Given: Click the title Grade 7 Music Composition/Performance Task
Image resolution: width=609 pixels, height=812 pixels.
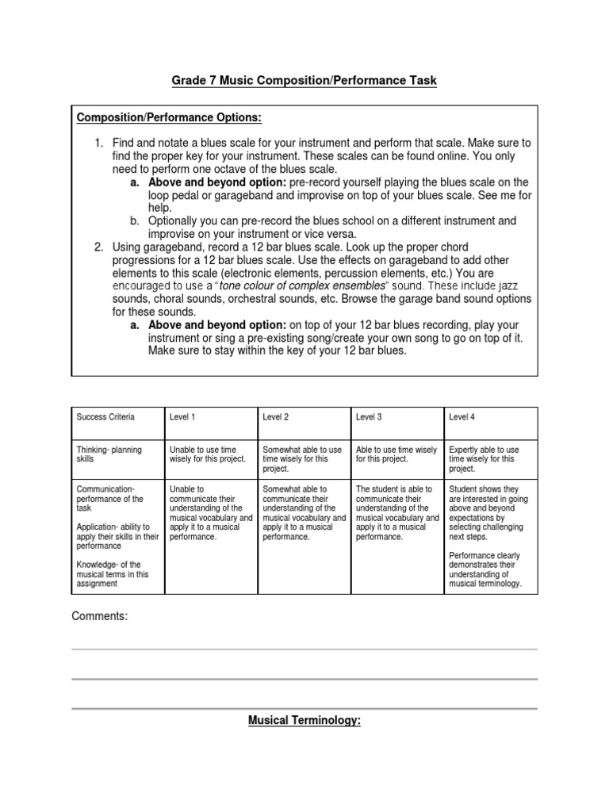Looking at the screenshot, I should [304, 81].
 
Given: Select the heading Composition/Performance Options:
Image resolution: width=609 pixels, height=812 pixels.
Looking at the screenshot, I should [169, 118].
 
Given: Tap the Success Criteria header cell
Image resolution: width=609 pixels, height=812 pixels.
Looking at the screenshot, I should [105, 417].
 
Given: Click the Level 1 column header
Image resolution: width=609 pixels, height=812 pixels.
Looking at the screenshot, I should [183, 417].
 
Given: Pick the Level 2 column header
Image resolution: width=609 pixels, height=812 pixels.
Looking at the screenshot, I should [276, 417].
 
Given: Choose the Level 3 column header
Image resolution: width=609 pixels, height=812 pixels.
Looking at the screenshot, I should [370, 417].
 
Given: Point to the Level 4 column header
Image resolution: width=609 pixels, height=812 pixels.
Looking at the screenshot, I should [462, 417].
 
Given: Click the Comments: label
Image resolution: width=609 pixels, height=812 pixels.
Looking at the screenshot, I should [99, 616].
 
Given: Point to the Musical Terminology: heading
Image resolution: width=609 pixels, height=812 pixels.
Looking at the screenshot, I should [304, 722].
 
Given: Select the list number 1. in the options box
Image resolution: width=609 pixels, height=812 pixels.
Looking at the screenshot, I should [99, 143].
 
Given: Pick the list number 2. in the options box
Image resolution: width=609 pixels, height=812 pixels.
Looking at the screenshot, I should [99, 247].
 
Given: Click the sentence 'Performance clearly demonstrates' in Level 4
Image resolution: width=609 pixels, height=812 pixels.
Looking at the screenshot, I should [485, 569].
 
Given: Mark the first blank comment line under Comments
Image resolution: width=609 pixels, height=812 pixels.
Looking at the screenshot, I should [304, 649].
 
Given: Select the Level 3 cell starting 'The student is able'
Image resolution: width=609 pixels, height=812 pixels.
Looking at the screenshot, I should [396, 513].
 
